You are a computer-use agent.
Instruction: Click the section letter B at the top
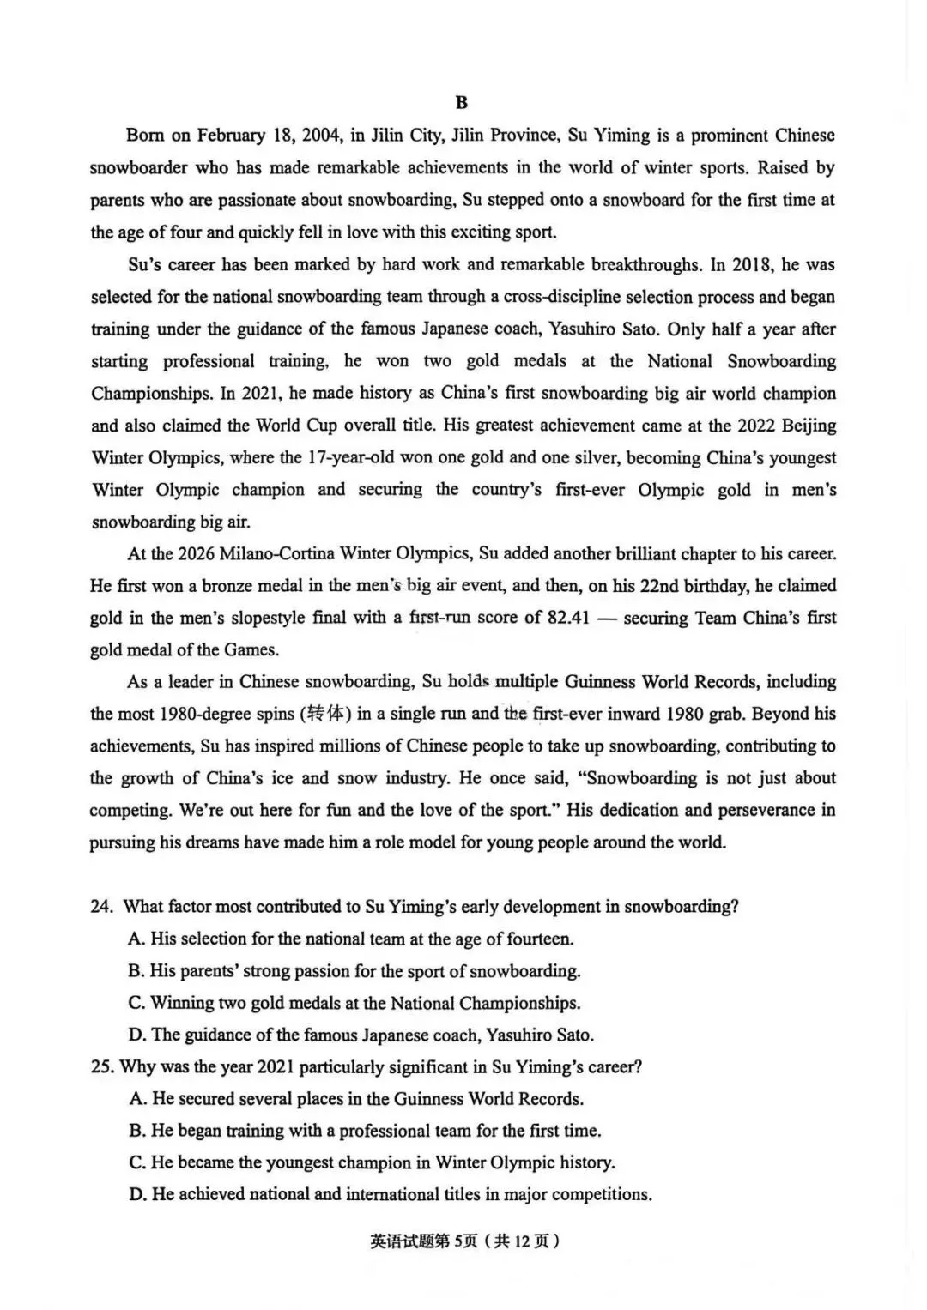pos(462,103)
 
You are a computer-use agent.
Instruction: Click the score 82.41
pos(568,618)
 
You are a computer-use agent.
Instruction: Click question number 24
pos(101,907)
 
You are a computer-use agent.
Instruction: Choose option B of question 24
pos(354,971)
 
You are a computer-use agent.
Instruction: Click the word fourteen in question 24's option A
pos(538,939)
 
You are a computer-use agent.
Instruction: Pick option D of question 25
pos(391,1194)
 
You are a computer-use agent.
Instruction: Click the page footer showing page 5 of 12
pos(464,1241)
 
